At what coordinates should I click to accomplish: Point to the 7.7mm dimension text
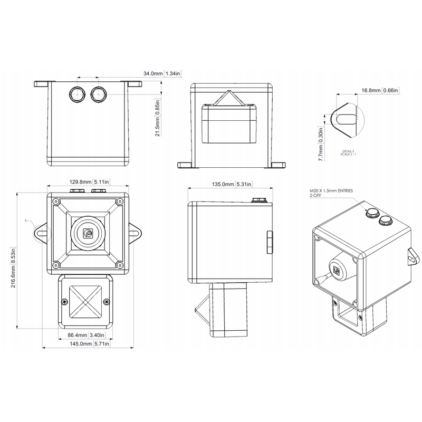click(322, 148)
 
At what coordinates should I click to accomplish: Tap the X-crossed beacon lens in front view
click(85, 301)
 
